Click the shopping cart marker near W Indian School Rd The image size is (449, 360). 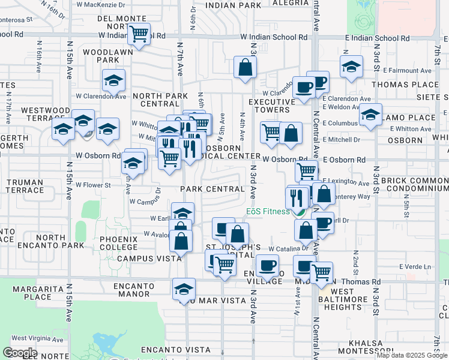coord(139,33)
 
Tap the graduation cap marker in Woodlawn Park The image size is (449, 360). coord(113,81)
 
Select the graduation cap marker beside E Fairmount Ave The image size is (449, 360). coord(351,67)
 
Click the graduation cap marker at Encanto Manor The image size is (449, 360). coord(184,289)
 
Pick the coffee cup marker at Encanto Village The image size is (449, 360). coord(267,265)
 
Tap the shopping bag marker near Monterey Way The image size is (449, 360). coord(324,194)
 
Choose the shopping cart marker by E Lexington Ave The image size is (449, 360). coord(307,170)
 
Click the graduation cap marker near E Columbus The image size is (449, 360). coord(371,114)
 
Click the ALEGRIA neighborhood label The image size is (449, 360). coord(290,4)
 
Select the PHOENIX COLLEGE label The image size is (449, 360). coord(119,243)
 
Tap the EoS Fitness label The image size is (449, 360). coord(268,211)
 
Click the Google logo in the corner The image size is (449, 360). coord(19,353)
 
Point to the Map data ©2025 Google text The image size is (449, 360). coord(412,355)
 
